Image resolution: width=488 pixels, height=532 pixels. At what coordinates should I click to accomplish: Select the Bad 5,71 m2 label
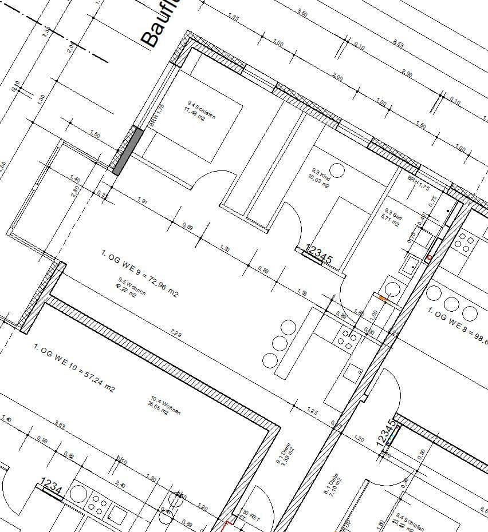(x=392, y=217)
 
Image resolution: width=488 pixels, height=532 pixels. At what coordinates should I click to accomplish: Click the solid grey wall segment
(x=128, y=151)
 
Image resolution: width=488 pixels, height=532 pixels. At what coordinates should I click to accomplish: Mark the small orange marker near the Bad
(x=383, y=299)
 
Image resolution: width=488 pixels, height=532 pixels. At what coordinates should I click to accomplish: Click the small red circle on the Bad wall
(x=428, y=259)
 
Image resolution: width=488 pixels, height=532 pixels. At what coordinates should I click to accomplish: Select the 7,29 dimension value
(x=176, y=334)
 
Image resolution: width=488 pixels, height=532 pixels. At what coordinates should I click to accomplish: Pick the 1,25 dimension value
(x=312, y=411)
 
